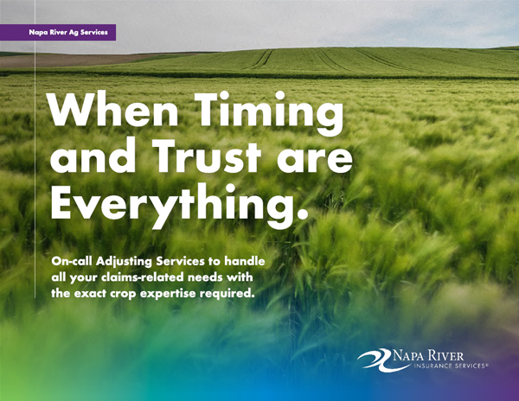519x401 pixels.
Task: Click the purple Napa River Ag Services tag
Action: tap(58, 32)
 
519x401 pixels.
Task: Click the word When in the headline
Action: tap(113, 109)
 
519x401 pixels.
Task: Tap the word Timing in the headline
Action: tap(269, 112)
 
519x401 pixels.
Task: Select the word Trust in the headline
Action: tap(207, 156)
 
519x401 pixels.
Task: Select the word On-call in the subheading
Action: tap(72, 261)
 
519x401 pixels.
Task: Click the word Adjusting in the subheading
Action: tap(124, 262)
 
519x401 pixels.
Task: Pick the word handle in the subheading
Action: tap(245, 261)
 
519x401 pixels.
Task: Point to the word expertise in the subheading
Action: tap(167, 294)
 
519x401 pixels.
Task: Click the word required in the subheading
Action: tap(227, 294)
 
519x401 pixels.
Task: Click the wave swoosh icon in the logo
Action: tap(375, 360)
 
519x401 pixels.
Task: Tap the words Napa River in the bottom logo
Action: tap(428, 356)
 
